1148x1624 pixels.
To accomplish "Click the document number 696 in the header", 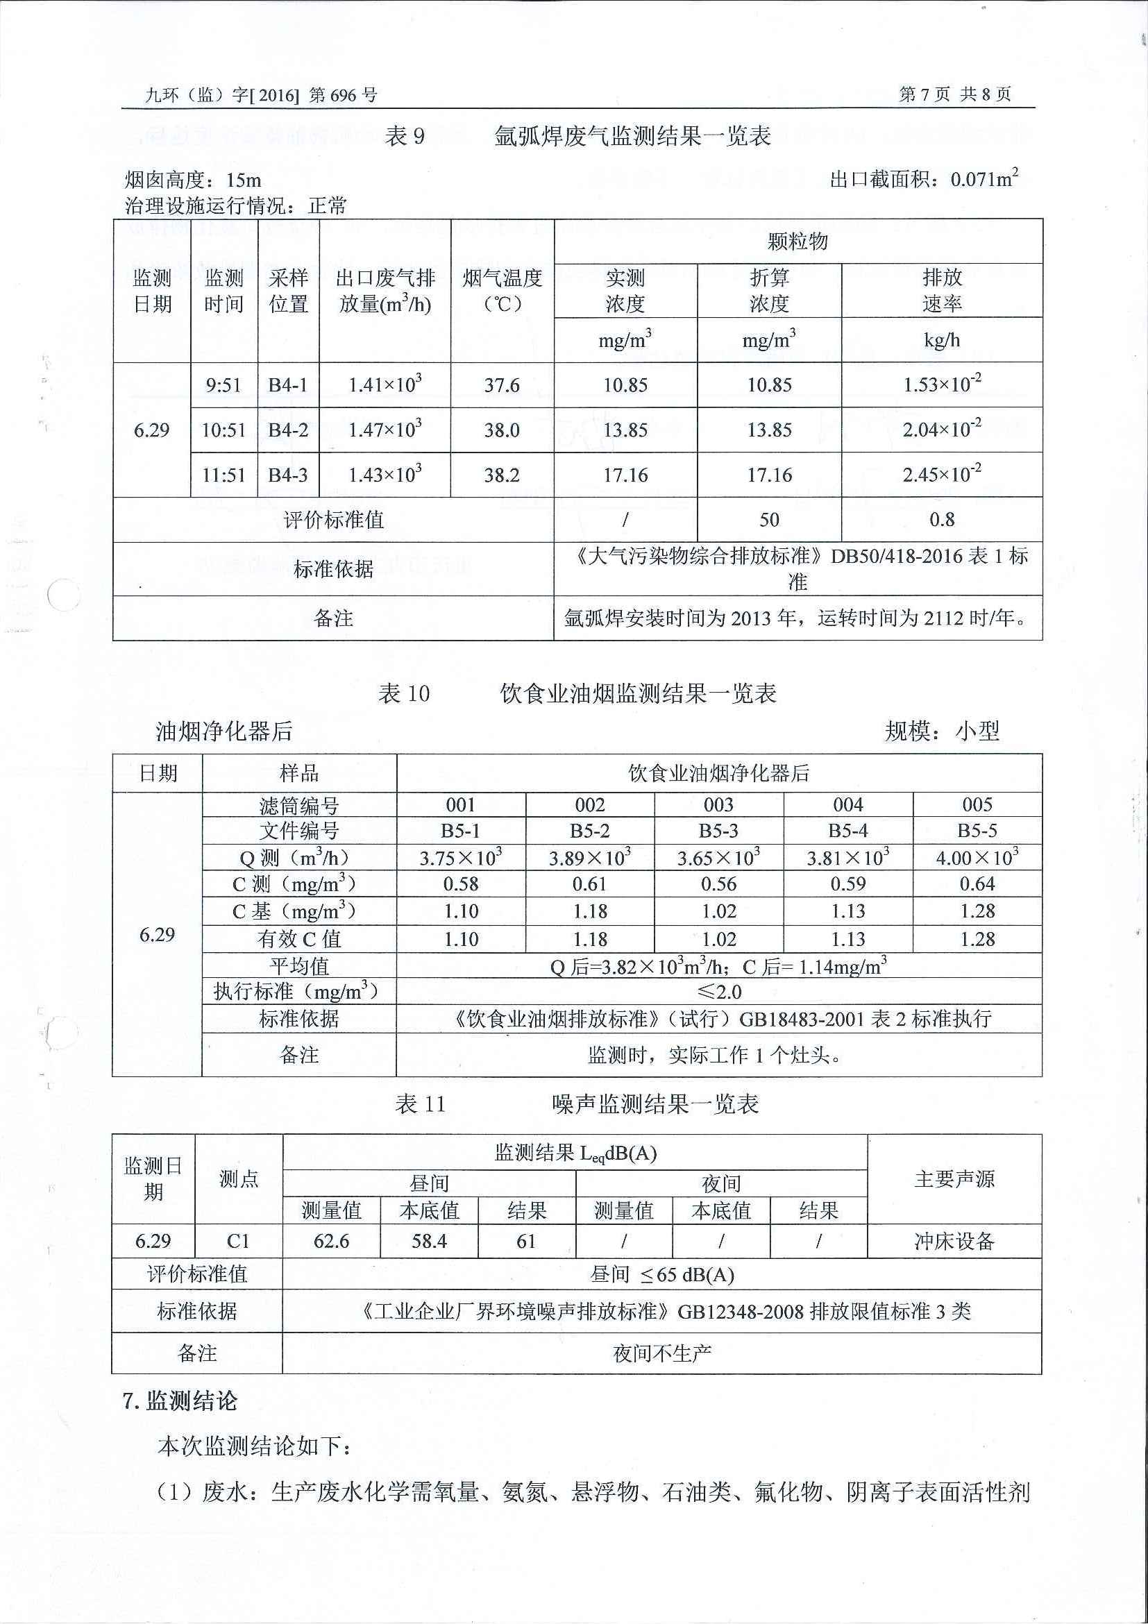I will [x=343, y=95].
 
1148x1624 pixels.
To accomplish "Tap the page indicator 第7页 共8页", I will [x=954, y=94].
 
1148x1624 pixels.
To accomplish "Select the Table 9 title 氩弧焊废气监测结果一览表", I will [x=632, y=136].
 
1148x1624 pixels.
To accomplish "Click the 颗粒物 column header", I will [x=797, y=242].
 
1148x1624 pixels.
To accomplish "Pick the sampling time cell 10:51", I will [x=223, y=430].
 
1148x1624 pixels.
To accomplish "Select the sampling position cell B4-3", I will [x=288, y=475].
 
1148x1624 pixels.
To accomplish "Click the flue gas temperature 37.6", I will [x=502, y=385].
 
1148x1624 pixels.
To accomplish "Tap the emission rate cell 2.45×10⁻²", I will [x=941, y=475].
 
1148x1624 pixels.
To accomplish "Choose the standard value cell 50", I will [x=769, y=520].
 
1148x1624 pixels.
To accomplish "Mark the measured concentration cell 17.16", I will [x=625, y=475].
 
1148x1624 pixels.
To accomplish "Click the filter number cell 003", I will [x=718, y=805].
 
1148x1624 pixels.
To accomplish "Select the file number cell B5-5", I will [x=977, y=830].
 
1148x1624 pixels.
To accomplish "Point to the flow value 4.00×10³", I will [x=977, y=857].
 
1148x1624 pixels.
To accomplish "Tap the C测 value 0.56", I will [x=718, y=884].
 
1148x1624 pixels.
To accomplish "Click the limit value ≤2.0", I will [x=718, y=992].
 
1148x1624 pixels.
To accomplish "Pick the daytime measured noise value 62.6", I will [x=331, y=1242].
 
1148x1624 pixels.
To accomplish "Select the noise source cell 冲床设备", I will [x=954, y=1242].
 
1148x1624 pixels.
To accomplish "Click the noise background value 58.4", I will [x=429, y=1242].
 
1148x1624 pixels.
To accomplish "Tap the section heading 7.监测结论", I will [x=180, y=1401].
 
